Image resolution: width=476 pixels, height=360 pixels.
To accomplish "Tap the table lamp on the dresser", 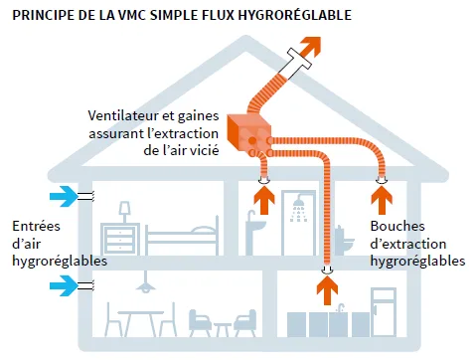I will click(x=125, y=212).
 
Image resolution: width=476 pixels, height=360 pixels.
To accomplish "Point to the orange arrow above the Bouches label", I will click(x=381, y=199).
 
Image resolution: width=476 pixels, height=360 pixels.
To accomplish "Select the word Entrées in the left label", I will click(x=33, y=226).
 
